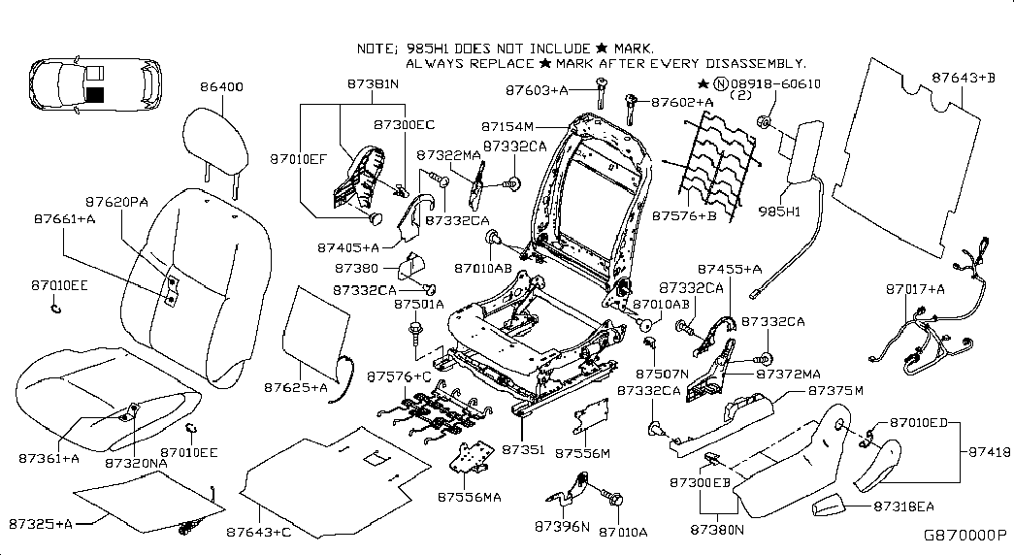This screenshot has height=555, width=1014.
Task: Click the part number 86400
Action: [x=221, y=86]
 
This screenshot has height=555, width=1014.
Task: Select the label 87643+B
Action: [x=964, y=77]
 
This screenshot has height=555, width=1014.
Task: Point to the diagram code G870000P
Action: [x=965, y=535]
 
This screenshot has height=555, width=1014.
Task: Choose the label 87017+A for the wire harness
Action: [x=914, y=289]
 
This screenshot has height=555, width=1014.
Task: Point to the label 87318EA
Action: [x=904, y=506]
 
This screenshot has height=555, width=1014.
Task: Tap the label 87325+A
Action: [x=41, y=524]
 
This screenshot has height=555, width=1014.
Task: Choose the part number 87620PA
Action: [x=115, y=201]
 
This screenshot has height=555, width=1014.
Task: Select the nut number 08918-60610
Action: [x=774, y=84]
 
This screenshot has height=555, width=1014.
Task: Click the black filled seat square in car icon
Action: [x=94, y=94]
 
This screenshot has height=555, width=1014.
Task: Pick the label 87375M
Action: [x=834, y=390]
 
